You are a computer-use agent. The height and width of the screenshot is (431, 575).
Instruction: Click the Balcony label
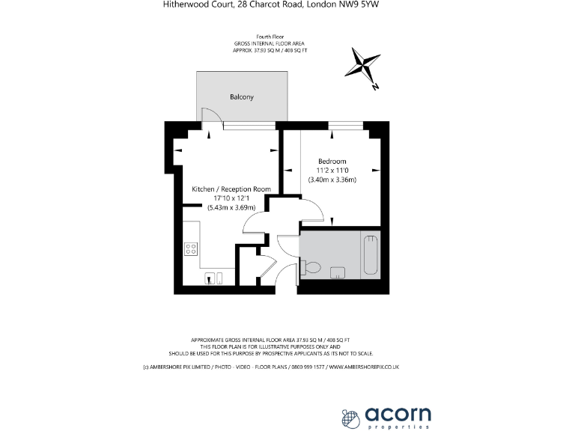click(241, 97)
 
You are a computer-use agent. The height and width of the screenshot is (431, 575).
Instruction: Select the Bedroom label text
click(332, 161)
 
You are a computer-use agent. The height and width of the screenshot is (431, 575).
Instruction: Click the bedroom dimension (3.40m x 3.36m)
click(332, 180)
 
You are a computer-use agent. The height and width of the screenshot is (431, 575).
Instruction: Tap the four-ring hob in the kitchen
click(191, 250)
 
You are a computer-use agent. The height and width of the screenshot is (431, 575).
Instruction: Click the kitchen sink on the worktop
click(215, 278)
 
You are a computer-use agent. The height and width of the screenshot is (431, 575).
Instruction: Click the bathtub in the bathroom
click(371, 255)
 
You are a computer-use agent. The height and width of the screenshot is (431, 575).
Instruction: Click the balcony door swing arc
click(211, 114)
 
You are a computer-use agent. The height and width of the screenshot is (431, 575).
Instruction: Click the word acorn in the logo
click(398, 413)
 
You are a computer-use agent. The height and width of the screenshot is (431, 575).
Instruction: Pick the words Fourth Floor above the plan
click(272, 37)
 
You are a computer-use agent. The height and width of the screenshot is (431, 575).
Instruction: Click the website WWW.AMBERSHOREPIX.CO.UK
click(363, 367)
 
